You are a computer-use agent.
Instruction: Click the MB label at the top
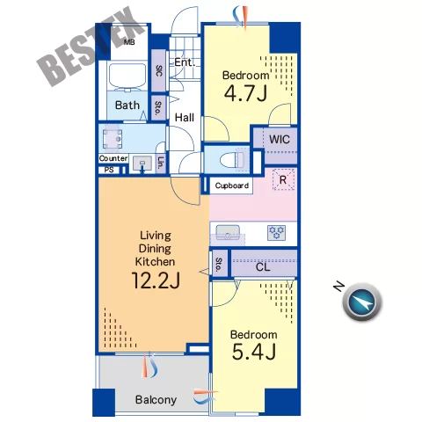[129, 42]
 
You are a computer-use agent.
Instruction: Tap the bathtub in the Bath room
[127, 76]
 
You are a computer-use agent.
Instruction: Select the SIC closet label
[158, 70]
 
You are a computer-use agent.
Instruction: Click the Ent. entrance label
[185, 62]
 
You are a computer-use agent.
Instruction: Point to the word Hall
[185, 118]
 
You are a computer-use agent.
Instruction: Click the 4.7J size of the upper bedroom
[245, 93]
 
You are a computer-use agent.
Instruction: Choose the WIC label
[280, 139]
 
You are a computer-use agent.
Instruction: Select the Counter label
[113, 158]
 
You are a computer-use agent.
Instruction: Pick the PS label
[109, 170]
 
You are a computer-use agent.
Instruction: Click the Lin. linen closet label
[161, 163]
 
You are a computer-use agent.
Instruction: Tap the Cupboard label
[231, 186]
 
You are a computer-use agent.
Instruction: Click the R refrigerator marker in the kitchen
[283, 179]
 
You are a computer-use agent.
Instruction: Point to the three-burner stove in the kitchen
[277, 233]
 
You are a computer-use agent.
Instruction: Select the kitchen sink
[228, 234]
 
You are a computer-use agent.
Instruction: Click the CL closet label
[263, 267]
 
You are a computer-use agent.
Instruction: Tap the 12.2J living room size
[156, 280]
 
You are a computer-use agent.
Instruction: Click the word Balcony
[156, 399]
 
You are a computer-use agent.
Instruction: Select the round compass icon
[362, 302]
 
